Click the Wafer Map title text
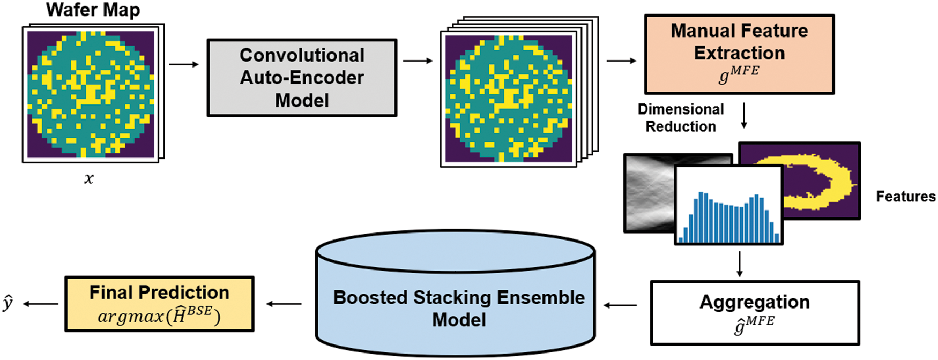93,10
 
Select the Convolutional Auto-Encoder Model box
302,78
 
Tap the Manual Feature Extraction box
739,54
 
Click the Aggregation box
754,312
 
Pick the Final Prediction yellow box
159,304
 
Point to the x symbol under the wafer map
89,179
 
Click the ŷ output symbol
8,304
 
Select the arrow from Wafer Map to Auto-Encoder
184,64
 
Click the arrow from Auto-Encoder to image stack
418,61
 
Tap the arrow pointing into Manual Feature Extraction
621,61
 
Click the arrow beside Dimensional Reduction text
743,116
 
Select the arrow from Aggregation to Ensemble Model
620,305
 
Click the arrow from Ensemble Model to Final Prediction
284,304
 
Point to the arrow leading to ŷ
41,304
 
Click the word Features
905,197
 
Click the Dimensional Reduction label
681,118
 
